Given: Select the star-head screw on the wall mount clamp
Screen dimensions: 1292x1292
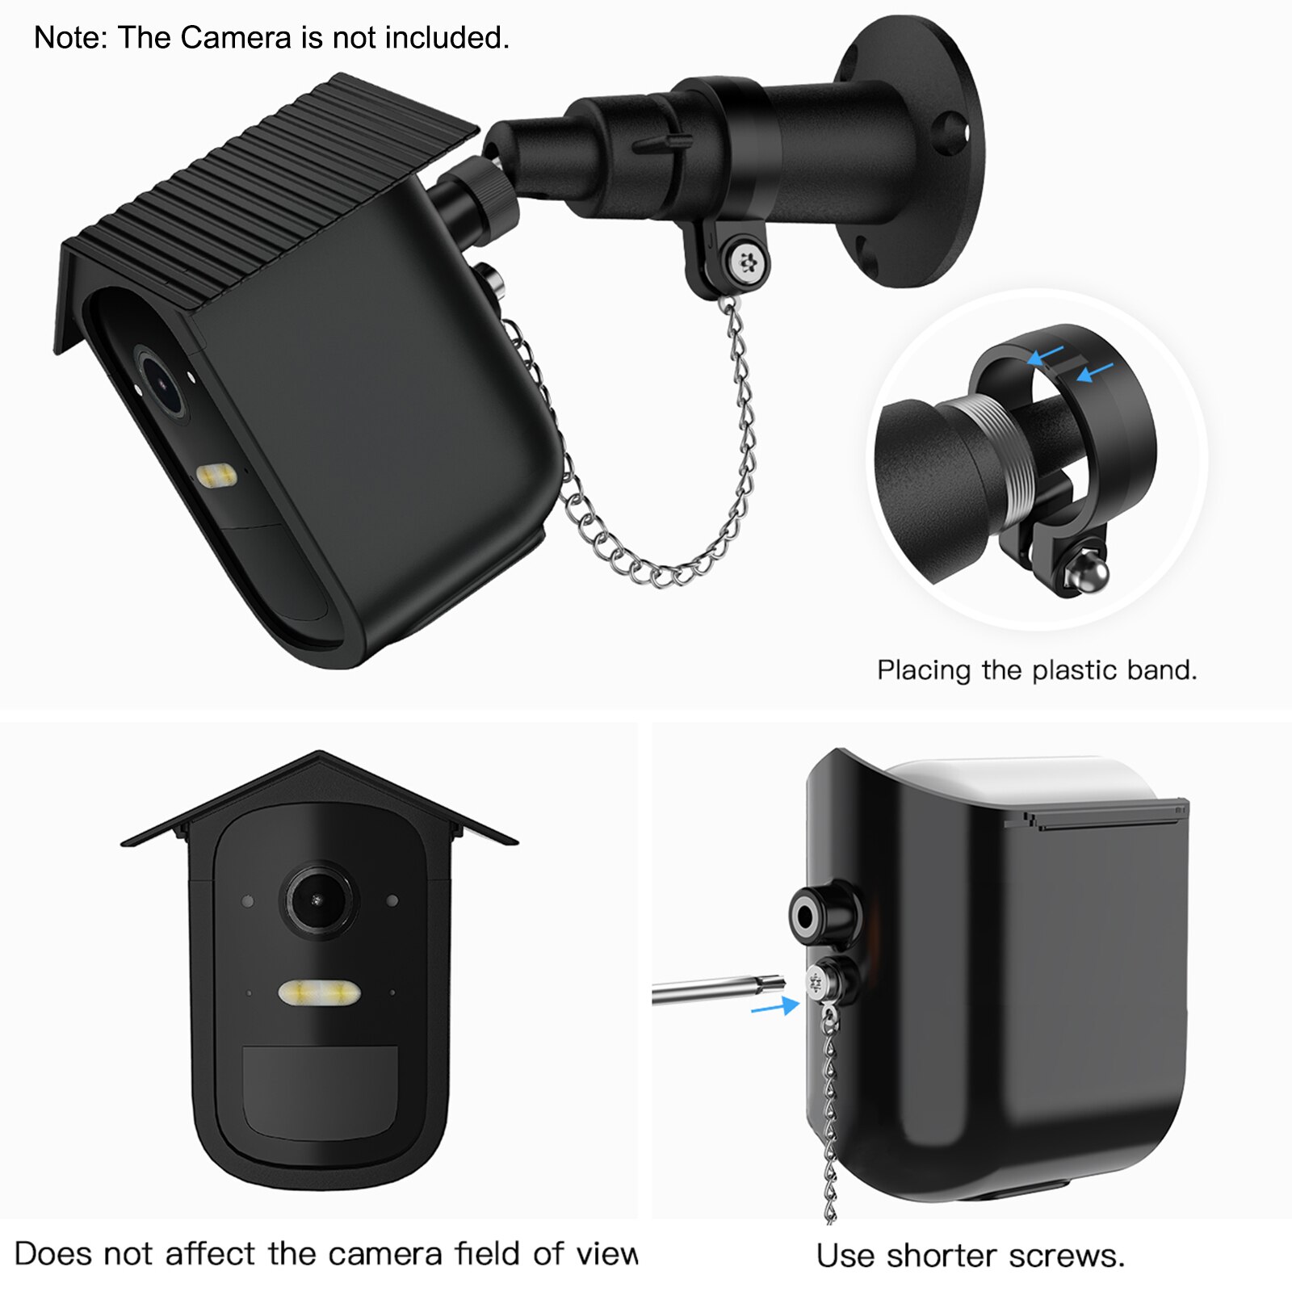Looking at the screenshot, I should pyautogui.click(x=745, y=260).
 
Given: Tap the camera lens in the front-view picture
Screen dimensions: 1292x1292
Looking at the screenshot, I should pyautogui.click(x=318, y=900).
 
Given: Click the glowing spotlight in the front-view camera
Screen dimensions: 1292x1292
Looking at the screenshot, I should pyautogui.click(x=320, y=992).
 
